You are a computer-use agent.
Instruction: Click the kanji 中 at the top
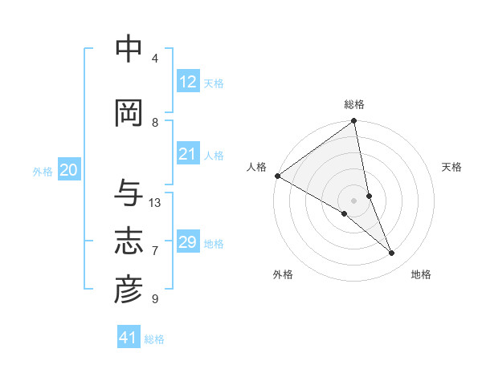129,49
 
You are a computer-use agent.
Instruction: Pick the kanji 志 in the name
129,241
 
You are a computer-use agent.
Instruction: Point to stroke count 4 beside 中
154,59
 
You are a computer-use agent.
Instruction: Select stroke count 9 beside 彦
154,299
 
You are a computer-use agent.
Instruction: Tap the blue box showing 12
188,82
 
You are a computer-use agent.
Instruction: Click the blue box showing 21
188,155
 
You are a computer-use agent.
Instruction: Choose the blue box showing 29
188,242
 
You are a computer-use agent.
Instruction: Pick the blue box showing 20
69,170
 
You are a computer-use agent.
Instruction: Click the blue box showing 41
129,338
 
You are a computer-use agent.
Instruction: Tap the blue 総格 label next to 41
154,339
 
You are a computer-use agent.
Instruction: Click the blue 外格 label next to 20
43,172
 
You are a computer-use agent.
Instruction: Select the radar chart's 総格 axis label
354,104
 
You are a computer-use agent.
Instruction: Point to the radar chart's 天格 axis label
452,167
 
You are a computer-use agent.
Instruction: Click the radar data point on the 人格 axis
277,176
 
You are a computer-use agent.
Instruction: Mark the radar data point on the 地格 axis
392,253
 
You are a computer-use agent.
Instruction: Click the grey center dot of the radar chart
354,200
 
